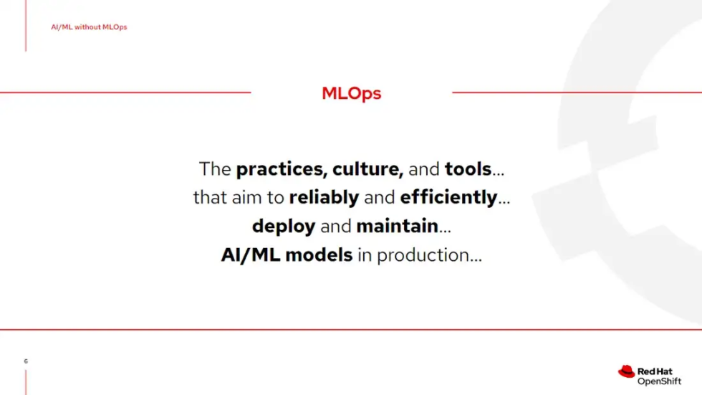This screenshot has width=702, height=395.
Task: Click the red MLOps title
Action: [351, 93]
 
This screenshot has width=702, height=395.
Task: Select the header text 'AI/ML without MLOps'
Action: [89, 27]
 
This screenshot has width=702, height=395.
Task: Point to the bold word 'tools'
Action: [468, 169]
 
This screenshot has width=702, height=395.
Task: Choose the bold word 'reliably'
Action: [324, 197]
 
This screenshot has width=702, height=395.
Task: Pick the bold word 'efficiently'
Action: [448, 197]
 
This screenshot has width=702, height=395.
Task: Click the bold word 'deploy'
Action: [284, 227]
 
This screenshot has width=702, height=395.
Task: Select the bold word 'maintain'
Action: [397, 227]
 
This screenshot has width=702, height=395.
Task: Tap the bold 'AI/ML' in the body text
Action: [251, 254]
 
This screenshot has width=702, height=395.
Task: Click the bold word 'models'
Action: [319, 254]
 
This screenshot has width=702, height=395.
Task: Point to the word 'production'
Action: [422, 255]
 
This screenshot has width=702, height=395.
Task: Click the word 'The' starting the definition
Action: [215, 169]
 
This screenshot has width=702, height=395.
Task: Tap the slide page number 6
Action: [26, 361]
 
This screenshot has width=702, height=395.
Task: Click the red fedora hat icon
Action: [626, 371]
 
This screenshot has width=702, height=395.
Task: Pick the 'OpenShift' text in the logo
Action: [659, 381]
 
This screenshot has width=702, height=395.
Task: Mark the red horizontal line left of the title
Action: [125, 92]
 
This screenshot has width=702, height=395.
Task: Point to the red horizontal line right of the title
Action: [577, 92]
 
